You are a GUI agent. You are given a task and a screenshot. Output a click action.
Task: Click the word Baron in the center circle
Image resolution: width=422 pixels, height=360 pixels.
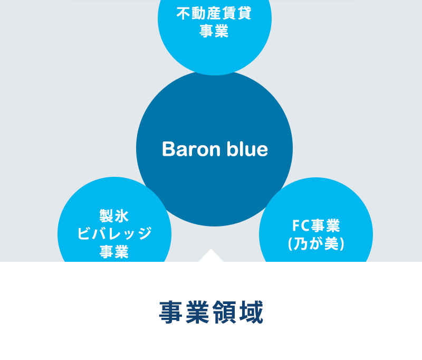pyautogui.click(x=191, y=149)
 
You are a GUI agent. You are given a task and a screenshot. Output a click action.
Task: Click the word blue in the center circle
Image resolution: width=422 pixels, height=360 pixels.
pyautogui.click(x=247, y=149)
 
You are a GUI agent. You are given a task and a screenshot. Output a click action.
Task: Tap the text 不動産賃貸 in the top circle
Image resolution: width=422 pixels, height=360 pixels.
pyautogui.click(x=214, y=13)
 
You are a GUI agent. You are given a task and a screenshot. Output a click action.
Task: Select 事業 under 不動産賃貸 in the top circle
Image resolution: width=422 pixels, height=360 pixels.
pyautogui.click(x=214, y=31)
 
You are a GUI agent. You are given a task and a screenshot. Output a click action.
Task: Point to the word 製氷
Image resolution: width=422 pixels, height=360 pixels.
pyautogui.click(x=114, y=216)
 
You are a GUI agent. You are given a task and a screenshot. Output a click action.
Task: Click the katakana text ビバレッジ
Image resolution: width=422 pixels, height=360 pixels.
pyautogui.click(x=114, y=233)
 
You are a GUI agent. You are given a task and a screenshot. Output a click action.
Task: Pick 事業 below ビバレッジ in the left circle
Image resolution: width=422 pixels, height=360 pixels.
pyautogui.click(x=114, y=251)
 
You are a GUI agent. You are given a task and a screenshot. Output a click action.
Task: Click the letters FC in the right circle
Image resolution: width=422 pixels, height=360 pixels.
pyautogui.click(x=301, y=225)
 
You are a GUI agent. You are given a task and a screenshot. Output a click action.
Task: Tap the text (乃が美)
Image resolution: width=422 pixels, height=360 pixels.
pyautogui.click(x=316, y=244)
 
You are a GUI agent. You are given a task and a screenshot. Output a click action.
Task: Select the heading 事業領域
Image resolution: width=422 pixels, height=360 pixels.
pyautogui.click(x=212, y=312)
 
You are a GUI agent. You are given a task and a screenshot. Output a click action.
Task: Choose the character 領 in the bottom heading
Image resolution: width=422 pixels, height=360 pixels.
pyautogui.click(x=224, y=312)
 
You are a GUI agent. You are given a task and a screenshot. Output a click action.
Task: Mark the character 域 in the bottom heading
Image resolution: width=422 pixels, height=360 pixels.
pyautogui.click(x=251, y=312)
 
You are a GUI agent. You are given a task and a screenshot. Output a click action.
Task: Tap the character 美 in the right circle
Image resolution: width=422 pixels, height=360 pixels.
pyautogui.click(x=332, y=244)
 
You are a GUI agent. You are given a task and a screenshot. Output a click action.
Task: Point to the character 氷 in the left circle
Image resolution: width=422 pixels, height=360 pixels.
pyautogui.click(x=122, y=216)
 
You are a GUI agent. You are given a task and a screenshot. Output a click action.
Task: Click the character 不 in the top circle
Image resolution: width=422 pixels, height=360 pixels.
pyautogui.click(x=184, y=13)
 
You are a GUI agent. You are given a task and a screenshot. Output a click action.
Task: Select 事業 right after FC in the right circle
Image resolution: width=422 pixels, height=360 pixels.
pyautogui.click(x=325, y=225)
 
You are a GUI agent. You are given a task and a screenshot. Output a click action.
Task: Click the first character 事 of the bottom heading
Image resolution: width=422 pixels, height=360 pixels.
pyautogui.click(x=171, y=312)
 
